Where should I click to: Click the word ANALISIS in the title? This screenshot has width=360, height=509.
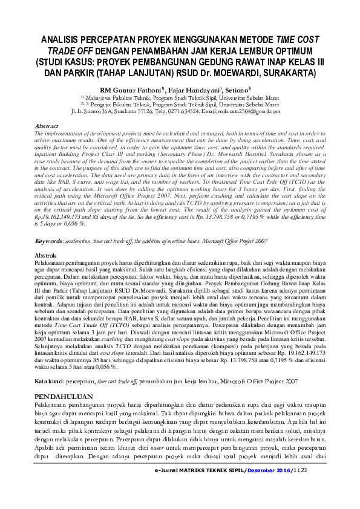click(x=62, y=40)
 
